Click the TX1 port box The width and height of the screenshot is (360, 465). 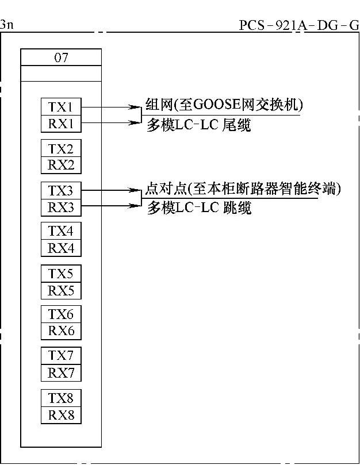click(61, 107)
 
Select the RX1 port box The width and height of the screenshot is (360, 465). click(61, 123)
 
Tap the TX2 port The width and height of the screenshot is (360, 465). click(61, 149)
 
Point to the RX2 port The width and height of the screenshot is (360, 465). click(61, 165)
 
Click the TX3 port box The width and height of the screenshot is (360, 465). click(61, 191)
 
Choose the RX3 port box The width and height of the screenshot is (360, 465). click(61, 207)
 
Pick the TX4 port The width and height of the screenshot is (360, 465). click(61, 232)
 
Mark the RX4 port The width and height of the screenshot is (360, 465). click(61, 248)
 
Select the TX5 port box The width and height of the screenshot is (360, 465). click(61, 274)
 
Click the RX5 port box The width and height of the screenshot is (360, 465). click(61, 290)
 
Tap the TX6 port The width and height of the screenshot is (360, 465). click(61, 314)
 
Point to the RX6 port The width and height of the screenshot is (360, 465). click(61, 331)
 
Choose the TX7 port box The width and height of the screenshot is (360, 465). click(61, 356)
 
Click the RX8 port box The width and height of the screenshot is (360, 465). click(61, 415)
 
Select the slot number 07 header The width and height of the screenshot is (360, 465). click(61, 57)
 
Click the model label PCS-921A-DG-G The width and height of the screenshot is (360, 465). click(298, 26)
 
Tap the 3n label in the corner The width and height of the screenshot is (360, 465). click(6, 25)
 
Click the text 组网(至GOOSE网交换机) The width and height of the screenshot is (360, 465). click(224, 105)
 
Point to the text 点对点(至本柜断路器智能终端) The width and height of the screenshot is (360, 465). click(243, 189)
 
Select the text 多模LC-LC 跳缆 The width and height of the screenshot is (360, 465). click(199, 207)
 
